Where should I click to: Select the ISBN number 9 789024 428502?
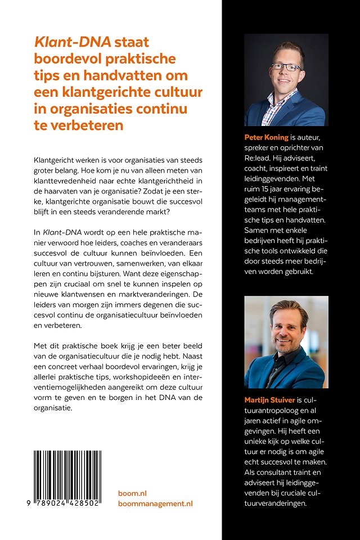click(66, 503)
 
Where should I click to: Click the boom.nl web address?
click(132, 493)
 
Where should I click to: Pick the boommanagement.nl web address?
click(155, 503)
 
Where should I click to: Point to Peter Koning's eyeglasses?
click(285, 67)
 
